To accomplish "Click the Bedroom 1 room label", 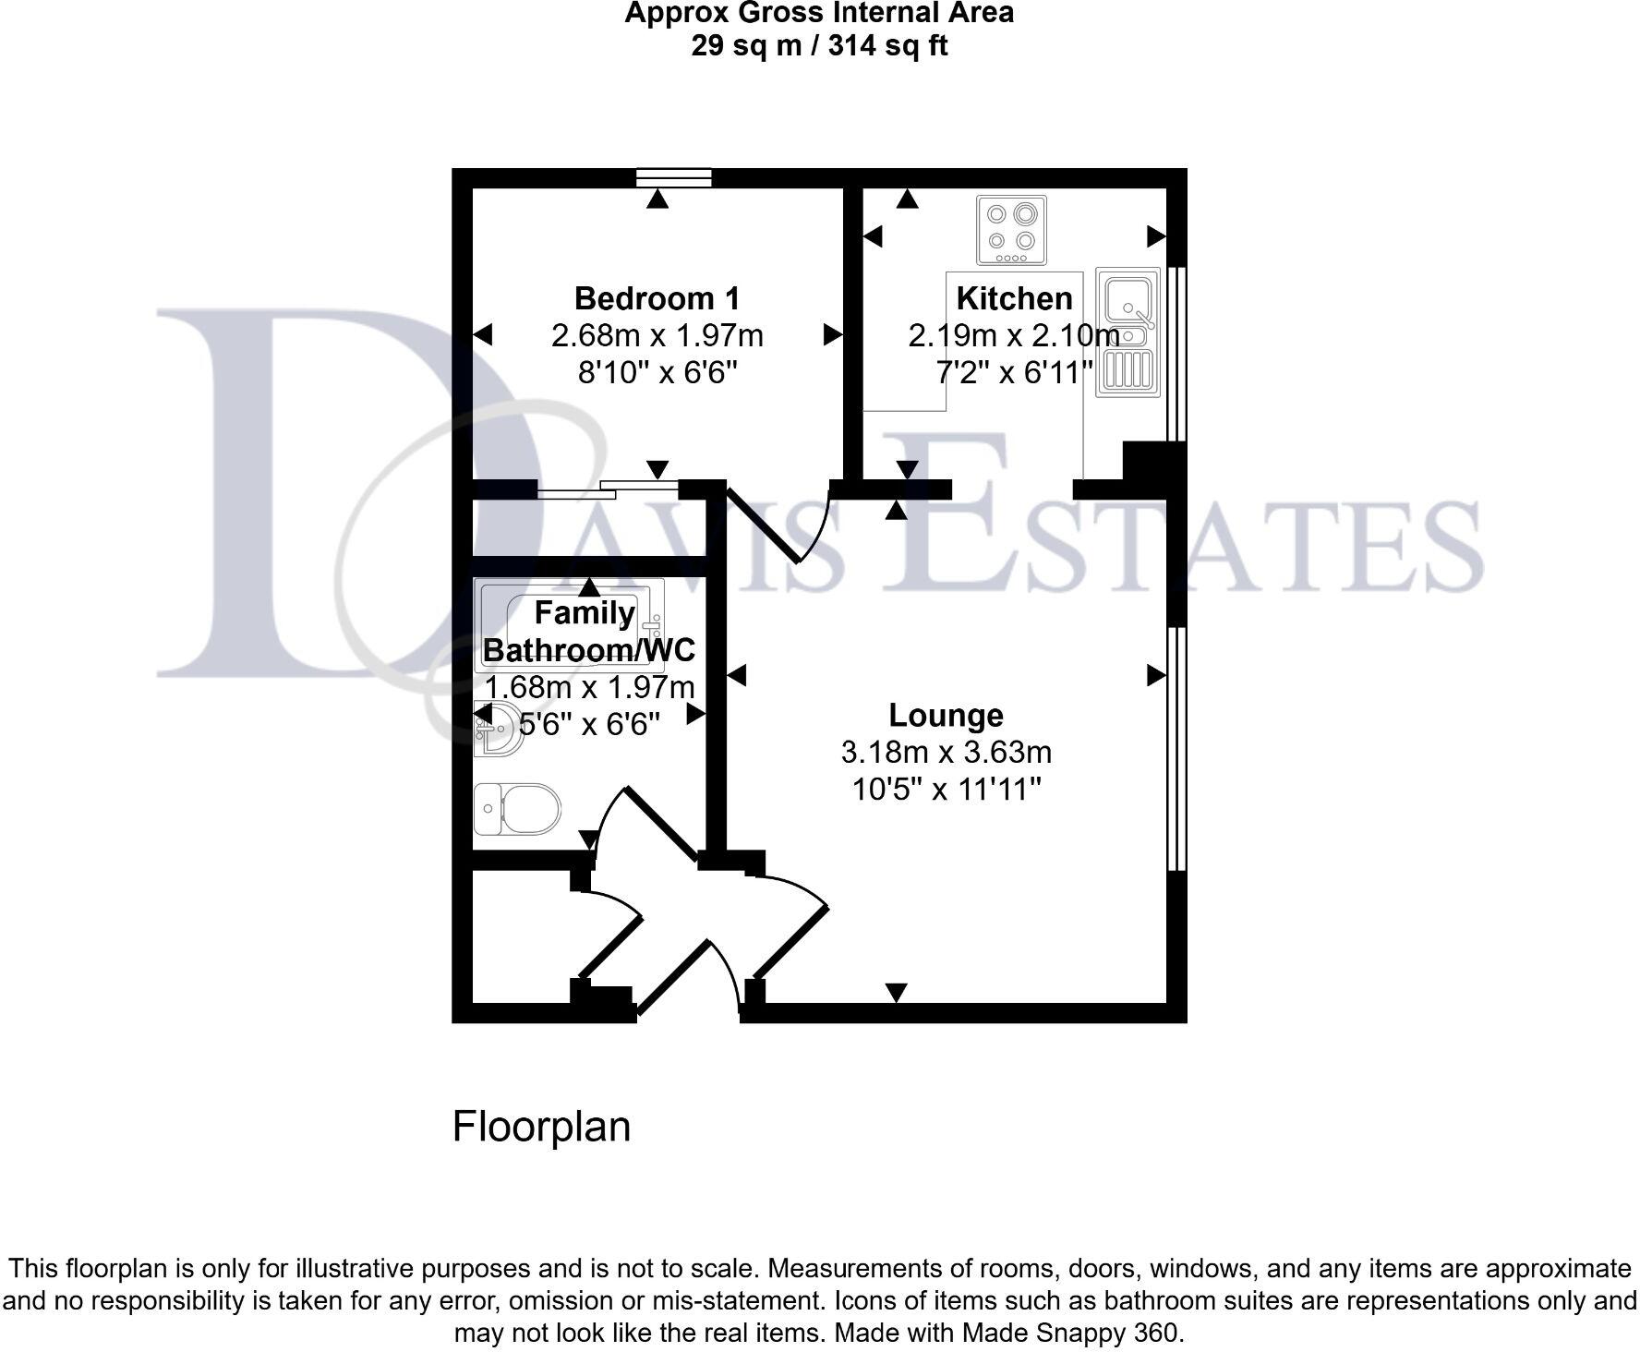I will pyautogui.click(x=657, y=298).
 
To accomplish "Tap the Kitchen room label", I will pyautogui.click(x=1014, y=298).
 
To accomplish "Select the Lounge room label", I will pyautogui.click(x=946, y=715).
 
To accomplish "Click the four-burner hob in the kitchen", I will pyautogui.click(x=1011, y=229).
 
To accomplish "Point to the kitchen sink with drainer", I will pyautogui.click(x=1127, y=332).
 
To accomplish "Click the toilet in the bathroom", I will pyautogui.click(x=517, y=809).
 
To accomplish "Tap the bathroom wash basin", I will pyautogui.click(x=496, y=728).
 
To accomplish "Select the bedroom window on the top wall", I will pyautogui.click(x=675, y=177).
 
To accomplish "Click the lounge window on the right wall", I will pyautogui.click(x=1176, y=748).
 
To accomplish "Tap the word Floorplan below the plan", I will pyautogui.click(x=541, y=1127).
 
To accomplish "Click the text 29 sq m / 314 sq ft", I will pyautogui.click(x=819, y=45).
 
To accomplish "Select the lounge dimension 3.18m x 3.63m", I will pyautogui.click(x=946, y=753).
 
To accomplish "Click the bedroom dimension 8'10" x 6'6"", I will pyautogui.click(x=657, y=372).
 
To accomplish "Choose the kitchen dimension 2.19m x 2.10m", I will pyautogui.click(x=1014, y=335).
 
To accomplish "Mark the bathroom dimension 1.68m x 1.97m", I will pyautogui.click(x=589, y=687).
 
